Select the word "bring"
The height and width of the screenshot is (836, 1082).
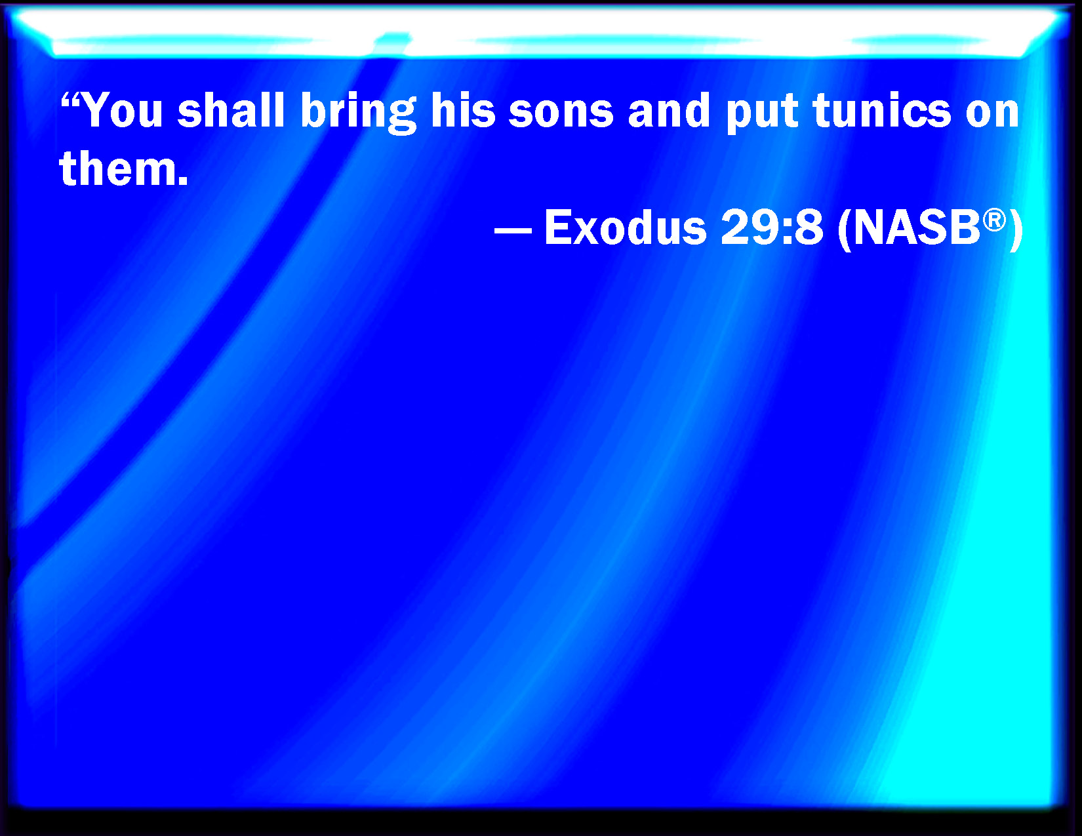pyautogui.click(x=358, y=113)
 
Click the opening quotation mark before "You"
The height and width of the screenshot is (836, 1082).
pyautogui.click(x=70, y=100)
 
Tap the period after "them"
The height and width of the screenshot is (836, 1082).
pyautogui.click(x=183, y=180)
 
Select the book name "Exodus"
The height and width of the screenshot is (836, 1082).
pyautogui.click(x=626, y=227)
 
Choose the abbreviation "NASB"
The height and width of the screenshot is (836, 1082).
pyautogui.click(x=917, y=227)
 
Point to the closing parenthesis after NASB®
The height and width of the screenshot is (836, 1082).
pyautogui.click(x=1016, y=229)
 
